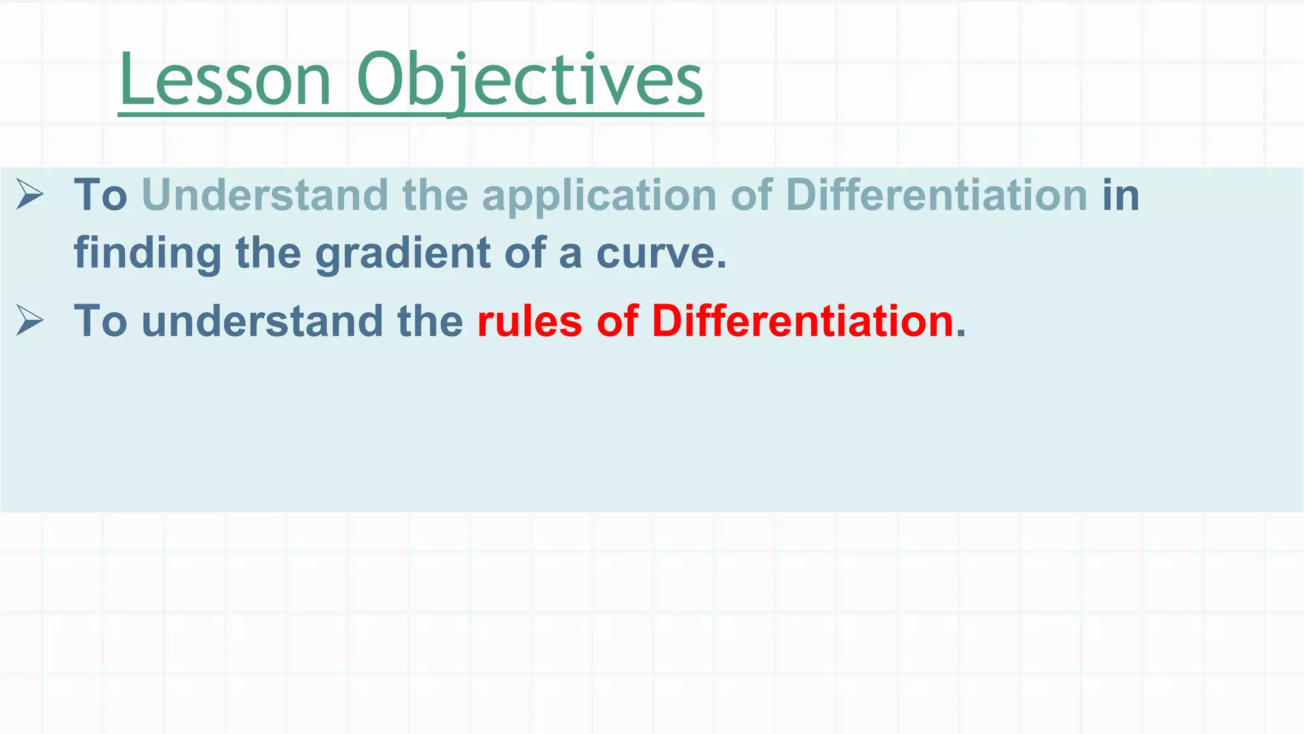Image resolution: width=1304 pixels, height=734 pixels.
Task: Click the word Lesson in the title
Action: coord(225,81)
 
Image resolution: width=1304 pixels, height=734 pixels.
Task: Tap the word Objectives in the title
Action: coord(530,81)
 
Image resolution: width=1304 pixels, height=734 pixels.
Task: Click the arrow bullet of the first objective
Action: coord(30,194)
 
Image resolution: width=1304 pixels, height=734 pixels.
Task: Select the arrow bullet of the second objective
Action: coord(30,320)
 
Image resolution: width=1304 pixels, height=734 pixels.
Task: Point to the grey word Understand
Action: coord(265,195)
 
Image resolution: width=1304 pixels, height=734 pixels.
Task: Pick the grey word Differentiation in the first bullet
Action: coord(937,195)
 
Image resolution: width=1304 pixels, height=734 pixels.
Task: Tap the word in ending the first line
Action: coord(1121,195)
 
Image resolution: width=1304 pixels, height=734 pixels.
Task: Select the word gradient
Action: coord(403,254)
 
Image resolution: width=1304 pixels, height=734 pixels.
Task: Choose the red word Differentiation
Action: coord(803,320)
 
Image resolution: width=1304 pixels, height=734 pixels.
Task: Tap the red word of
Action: coord(617,320)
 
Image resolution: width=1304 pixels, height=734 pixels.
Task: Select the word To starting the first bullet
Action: coord(101,195)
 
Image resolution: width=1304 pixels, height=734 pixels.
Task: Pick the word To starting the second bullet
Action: coord(101,320)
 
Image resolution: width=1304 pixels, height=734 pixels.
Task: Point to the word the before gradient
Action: coord(268,254)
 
